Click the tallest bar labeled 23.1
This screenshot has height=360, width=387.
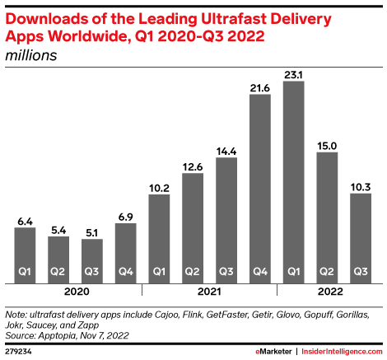tap(293, 181)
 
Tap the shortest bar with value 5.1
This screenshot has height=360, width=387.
tap(91, 260)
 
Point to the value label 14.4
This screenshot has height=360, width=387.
tap(226, 150)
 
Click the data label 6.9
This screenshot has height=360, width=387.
tap(125, 215)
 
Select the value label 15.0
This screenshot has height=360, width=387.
tap(327, 145)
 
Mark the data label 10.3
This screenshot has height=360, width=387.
tap(361, 187)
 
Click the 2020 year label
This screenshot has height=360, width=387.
tap(75, 290)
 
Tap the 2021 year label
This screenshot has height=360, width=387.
tap(209, 290)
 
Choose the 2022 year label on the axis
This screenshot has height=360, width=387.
tap(327, 290)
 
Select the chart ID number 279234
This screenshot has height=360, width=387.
tap(19, 352)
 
